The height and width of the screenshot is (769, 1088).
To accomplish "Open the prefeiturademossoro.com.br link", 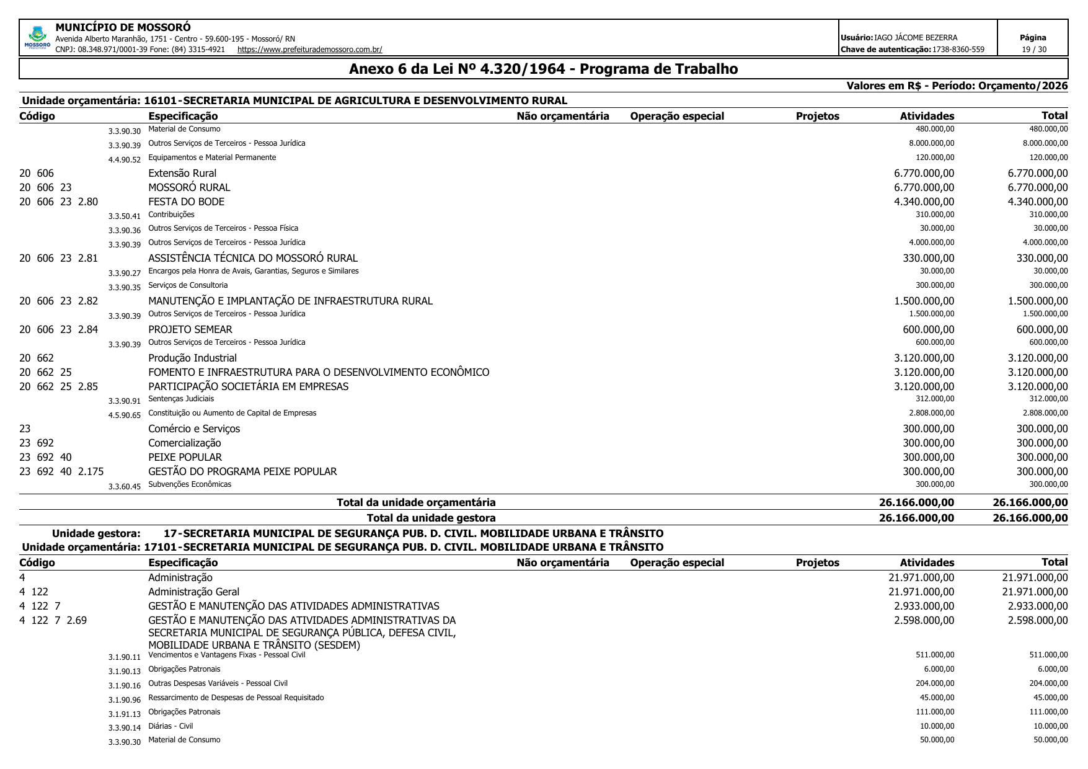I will click(x=309, y=50).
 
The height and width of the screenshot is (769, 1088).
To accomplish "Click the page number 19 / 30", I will click(x=1033, y=50).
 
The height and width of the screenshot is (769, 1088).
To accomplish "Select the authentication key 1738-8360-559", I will click(x=958, y=50).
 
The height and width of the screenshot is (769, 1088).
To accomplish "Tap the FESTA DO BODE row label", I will click(x=186, y=202).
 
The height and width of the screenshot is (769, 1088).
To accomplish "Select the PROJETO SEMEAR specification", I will click(x=190, y=329).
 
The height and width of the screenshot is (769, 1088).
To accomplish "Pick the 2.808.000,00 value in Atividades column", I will click(x=931, y=413).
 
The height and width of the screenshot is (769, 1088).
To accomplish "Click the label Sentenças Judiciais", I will click(x=181, y=399).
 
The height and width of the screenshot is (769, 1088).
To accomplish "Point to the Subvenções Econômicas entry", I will click(x=190, y=484).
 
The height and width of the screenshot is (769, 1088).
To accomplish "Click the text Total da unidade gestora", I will click(x=431, y=518).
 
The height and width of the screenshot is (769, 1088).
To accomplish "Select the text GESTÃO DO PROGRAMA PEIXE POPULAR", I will click(x=242, y=471).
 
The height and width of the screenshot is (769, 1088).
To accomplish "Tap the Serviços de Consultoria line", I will click(x=188, y=285).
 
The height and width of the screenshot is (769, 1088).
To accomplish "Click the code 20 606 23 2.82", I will click(x=59, y=301).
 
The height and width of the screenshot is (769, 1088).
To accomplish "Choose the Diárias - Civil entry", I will click(x=170, y=726).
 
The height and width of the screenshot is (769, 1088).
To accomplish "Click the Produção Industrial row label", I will click(x=192, y=358).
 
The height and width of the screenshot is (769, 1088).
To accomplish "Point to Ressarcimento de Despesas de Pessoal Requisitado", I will click(x=236, y=698).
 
